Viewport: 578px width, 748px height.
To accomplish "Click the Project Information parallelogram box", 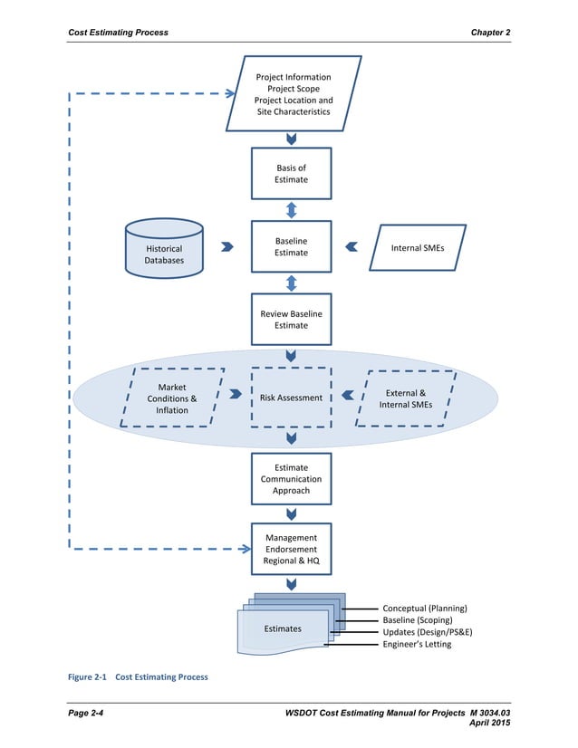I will (293, 94).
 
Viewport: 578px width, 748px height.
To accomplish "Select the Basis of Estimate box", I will (291, 174).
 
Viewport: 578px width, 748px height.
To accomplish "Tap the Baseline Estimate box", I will (291, 246).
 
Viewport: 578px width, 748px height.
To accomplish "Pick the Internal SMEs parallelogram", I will (418, 247).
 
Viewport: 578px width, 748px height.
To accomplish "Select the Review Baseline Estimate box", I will (291, 319).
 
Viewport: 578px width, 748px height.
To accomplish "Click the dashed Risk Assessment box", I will (291, 397).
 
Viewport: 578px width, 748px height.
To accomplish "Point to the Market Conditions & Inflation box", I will (172, 398).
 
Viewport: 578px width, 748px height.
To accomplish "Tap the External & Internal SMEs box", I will (407, 398).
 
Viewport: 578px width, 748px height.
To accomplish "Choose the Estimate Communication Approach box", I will (291, 479).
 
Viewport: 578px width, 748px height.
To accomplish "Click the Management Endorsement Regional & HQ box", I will (291, 549).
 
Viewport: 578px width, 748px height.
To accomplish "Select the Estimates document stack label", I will (283, 628).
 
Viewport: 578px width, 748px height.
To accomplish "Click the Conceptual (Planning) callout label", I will (424, 608).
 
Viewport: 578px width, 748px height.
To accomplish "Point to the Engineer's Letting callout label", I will (416, 644).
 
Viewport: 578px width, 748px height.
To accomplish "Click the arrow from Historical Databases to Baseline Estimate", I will (226, 246).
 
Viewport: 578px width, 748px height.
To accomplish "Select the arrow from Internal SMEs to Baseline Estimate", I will (352, 246).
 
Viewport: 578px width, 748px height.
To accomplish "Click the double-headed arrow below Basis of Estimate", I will (291, 209).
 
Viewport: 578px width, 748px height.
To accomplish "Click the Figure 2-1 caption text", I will (139, 676).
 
